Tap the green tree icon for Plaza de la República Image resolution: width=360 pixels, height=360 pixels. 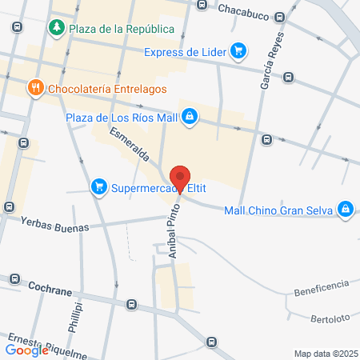tap(57, 29)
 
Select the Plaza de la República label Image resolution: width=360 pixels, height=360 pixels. tap(122, 29)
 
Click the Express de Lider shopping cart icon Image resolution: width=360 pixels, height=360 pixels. tap(238, 53)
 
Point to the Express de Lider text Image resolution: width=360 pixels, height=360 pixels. tap(185, 53)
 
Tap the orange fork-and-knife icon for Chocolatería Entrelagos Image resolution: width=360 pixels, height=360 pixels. tap(34, 88)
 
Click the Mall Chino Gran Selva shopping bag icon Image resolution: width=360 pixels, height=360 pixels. tap(346, 210)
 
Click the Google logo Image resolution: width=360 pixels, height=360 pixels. tap(27, 349)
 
